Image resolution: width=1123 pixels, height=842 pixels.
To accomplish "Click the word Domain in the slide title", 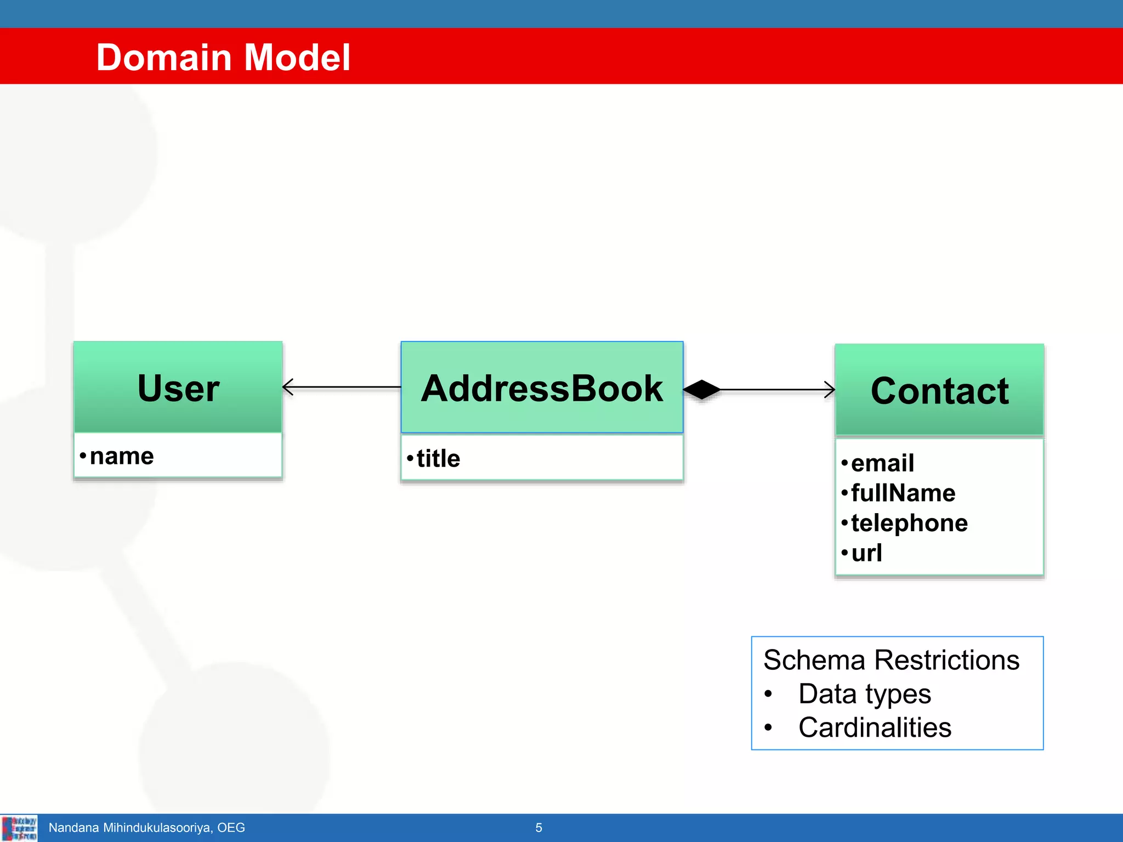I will click(163, 58).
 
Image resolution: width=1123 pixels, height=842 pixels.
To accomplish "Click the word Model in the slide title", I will click(297, 58).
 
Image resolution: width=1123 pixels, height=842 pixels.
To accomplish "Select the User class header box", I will click(178, 388).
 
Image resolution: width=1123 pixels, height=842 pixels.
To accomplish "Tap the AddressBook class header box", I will click(542, 388).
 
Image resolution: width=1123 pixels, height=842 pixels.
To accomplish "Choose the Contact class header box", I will click(939, 390).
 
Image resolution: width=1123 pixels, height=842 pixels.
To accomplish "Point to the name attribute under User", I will click(121, 456).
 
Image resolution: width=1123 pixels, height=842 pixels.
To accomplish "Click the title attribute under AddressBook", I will click(438, 458).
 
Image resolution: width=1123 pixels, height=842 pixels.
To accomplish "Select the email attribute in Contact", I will click(882, 463).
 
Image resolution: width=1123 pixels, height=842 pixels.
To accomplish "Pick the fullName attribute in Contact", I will click(903, 493).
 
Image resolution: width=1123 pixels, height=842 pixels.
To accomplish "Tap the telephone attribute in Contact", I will click(909, 523).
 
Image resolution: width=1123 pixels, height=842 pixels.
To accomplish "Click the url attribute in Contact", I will click(866, 553).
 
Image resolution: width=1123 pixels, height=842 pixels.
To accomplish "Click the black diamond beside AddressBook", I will click(702, 390).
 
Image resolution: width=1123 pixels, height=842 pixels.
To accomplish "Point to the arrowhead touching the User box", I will click(288, 387).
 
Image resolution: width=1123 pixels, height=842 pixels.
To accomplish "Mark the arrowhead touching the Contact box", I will click(830, 390).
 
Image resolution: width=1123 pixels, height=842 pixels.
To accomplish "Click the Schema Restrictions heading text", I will click(891, 660).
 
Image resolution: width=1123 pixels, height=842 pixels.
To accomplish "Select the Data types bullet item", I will click(864, 694).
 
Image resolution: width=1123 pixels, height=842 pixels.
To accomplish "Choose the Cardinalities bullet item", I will click(875, 728).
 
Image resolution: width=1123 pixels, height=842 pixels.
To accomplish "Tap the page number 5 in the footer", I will click(538, 828).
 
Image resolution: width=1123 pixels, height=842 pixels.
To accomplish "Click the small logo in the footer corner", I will click(19, 828).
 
